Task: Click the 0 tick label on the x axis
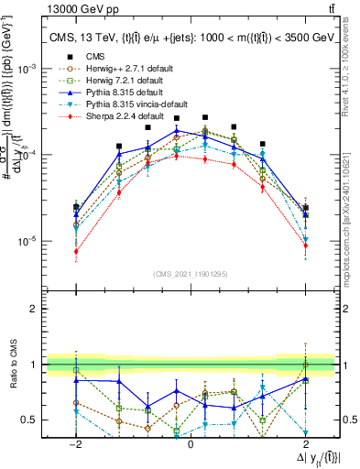tap(191, 442)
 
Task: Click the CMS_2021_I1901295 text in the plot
tap(190, 274)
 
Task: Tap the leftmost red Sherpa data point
tap(76, 251)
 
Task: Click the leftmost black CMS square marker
tap(76, 207)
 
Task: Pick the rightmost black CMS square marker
tap(305, 208)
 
